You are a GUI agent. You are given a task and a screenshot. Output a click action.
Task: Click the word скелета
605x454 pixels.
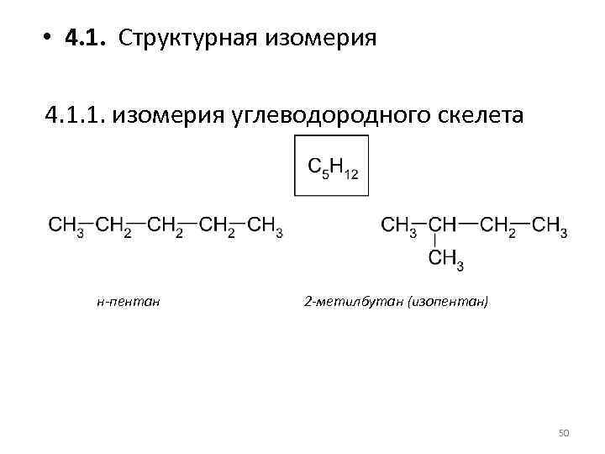pyautogui.click(x=475, y=113)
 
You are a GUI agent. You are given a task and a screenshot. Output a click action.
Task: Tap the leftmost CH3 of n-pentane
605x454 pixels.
pyautogui.click(x=66, y=226)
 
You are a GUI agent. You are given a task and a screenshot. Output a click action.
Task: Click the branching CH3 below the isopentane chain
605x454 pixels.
pyautogui.click(x=445, y=260)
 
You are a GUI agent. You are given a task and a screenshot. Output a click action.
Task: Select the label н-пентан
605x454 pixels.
pyautogui.click(x=129, y=300)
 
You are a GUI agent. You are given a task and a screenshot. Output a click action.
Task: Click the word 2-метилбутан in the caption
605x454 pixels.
pyautogui.click(x=352, y=300)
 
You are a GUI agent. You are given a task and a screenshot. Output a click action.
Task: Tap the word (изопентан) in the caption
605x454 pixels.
pyautogui.click(x=446, y=300)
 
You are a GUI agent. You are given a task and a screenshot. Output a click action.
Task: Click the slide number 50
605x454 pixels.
pyautogui.click(x=564, y=432)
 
